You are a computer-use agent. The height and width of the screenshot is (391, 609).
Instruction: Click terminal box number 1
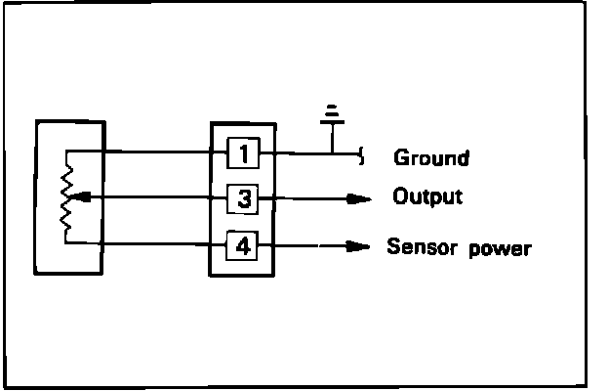pyautogui.click(x=243, y=153)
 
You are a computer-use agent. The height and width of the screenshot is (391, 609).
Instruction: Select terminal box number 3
pyautogui.click(x=243, y=199)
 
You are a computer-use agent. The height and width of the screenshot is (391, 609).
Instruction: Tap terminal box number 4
pyautogui.click(x=243, y=245)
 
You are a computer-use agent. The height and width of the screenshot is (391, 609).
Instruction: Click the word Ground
pyautogui.click(x=430, y=156)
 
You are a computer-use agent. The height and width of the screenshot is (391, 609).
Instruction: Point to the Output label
pyautogui.click(x=426, y=196)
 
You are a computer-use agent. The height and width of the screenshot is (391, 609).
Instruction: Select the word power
pyautogui.click(x=500, y=248)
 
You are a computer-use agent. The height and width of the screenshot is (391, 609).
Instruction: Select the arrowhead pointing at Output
pyautogui.click(x=359, y=199)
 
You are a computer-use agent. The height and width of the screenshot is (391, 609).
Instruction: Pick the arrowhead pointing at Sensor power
pyautogui.click(x=359, y=246)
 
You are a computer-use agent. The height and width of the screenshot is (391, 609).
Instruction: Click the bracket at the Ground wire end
pyautogui.click(x=363, y=153)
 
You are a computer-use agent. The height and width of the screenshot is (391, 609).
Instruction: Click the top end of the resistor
pyautogui.click(x=65, y=154)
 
